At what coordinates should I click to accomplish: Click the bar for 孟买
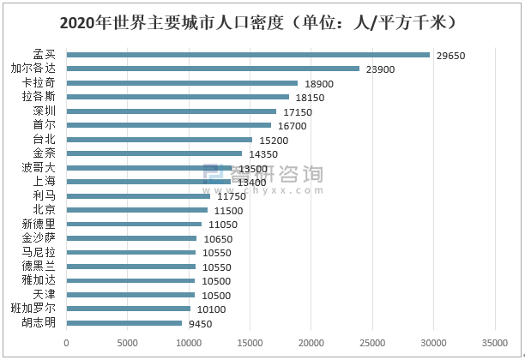(248, 55)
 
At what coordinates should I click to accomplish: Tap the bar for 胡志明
(124, 323)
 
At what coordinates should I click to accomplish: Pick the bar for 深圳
(172, 111)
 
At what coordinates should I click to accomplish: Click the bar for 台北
(160, 139)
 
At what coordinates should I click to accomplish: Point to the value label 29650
(450, 55)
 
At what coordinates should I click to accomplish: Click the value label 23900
(380, 69)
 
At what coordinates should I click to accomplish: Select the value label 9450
(200, 324)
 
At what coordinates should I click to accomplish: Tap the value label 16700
(293, 126)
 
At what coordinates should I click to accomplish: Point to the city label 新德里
(39, 224)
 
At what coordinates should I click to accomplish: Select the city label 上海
(45, 182)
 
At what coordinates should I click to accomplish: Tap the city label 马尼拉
(39, 252)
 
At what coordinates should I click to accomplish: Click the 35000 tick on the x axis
(494, 344)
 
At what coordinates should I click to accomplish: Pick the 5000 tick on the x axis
(127, 344)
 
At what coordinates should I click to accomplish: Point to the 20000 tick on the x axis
(311, 344)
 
